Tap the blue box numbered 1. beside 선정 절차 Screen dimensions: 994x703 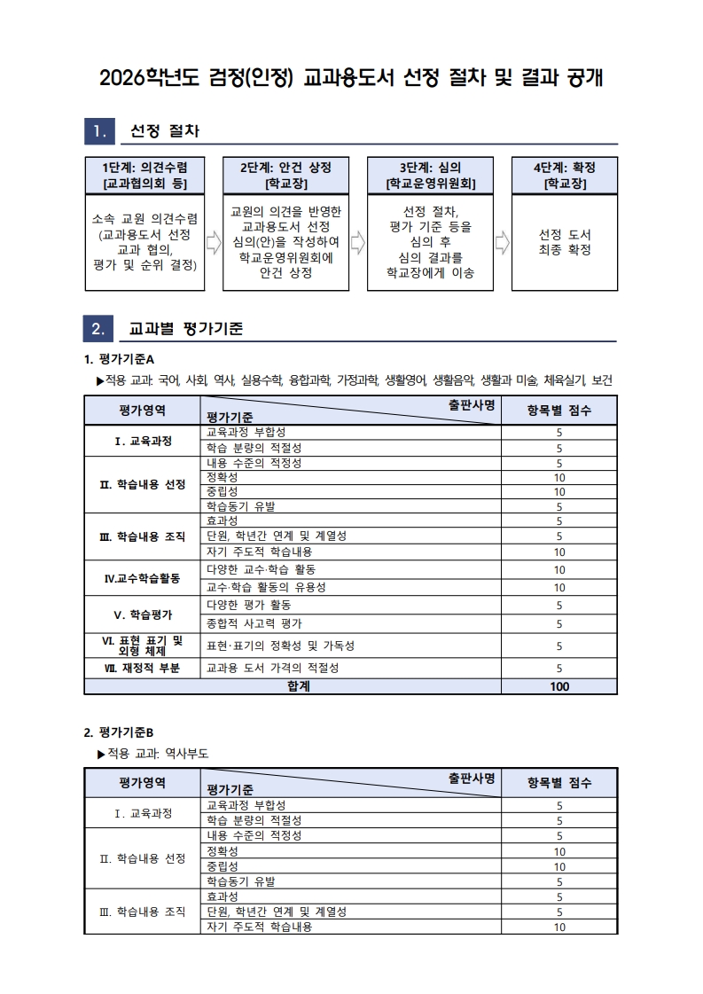point(99,132)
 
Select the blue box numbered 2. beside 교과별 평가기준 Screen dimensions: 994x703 point(99,329)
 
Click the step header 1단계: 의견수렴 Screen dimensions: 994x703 point(145,175)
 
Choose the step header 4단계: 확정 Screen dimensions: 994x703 point(564,175)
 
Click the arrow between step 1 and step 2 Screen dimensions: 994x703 point(213,242)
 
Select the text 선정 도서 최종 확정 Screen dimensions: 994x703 point(565,242)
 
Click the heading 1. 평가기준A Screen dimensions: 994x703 point(119,359)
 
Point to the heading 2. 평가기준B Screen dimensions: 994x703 point(119,732)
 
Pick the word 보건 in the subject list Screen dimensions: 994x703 point(603,380)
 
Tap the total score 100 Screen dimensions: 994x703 point(559,685)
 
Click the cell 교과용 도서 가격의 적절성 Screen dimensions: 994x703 point(272,668)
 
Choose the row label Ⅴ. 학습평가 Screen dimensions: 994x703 point(143,614)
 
